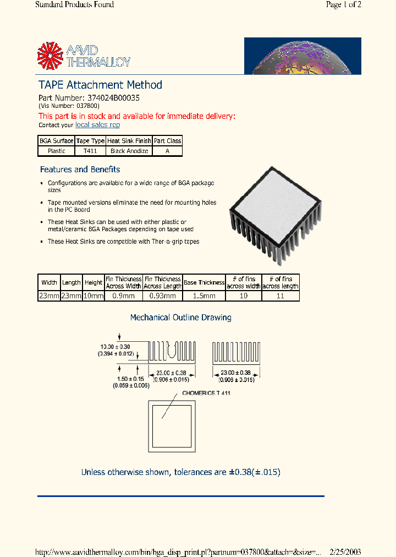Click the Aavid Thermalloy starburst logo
pyautogui.click(x=51, y=56)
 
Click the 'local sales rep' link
pyautogui.click(x=97, y=125)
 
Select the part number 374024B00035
pyautogui.click(x=113, y=97)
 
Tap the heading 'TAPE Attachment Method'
pyautogui.click(x=100, y=85)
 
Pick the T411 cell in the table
pyautogui.click(x=90, y=151)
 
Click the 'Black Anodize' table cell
pyautogui.click(x=129, y=151)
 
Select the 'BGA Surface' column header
pyautogui.click(x=56, y=141)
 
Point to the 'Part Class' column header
pyautogui.click(x=167, y=141)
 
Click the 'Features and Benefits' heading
pyautogui.click(x=80, y=170)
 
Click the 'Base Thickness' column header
pyautogui.click(x=204, y=282)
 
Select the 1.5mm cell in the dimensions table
pyautogui.click(x=204, y=296)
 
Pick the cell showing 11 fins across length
pyautogui.click(x=280, y=296)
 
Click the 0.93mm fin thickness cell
pyautogui.click(x=163, y=296)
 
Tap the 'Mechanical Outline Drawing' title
pyautogui.click(x=180, y=318)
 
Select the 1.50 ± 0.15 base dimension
pyautogui.click(x=131, y=379)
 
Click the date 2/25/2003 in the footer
pyautogui.click(x=345, y=552)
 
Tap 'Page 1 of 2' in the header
pyautogui.click(x=343, y=5)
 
